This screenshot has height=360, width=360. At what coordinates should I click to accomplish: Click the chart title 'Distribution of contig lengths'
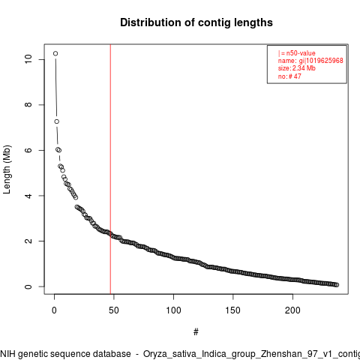click(x=196, y=22)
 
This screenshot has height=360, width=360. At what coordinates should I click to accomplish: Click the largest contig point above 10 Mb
click(x=55, y=53)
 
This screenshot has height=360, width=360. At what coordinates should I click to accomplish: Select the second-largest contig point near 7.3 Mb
click(x=57, y=121)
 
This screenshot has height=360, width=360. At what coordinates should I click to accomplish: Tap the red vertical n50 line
click(x=110, y=169)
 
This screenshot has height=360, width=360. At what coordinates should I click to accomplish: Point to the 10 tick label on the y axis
click(x=28, y=59)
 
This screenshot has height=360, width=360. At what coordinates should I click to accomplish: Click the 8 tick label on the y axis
click(x=28, y=105)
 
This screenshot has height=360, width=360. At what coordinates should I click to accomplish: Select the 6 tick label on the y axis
click(x=28, y=150)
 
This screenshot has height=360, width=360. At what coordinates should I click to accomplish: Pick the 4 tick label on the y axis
click(x=28, y=196)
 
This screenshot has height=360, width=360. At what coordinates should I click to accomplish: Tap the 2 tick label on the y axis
click(x=28, y=241)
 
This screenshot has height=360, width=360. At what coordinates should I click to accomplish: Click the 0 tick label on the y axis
click(x=28, y=286)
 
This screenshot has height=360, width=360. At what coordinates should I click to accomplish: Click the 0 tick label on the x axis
click(x=54, y=310)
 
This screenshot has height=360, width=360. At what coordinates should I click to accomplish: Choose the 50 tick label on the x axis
click(x=114, y=310)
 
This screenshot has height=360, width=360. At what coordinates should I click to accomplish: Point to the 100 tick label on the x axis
click(x=173, y=310)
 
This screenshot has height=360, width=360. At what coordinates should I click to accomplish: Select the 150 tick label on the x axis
click(x=233, y=310)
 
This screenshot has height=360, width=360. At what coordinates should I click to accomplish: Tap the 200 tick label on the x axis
click(x=292, y=310)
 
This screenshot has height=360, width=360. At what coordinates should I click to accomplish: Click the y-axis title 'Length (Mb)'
click(x=7, y=169)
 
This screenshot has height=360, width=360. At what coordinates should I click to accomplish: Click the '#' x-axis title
click(x=196, y=332)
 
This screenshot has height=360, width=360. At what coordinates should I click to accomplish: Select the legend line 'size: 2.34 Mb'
click(x=297, y=68)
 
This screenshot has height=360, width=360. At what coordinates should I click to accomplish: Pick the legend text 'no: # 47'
click(x=289, y=76)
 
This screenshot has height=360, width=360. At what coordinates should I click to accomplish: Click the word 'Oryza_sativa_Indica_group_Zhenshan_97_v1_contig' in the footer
click(x=251, y=354)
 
